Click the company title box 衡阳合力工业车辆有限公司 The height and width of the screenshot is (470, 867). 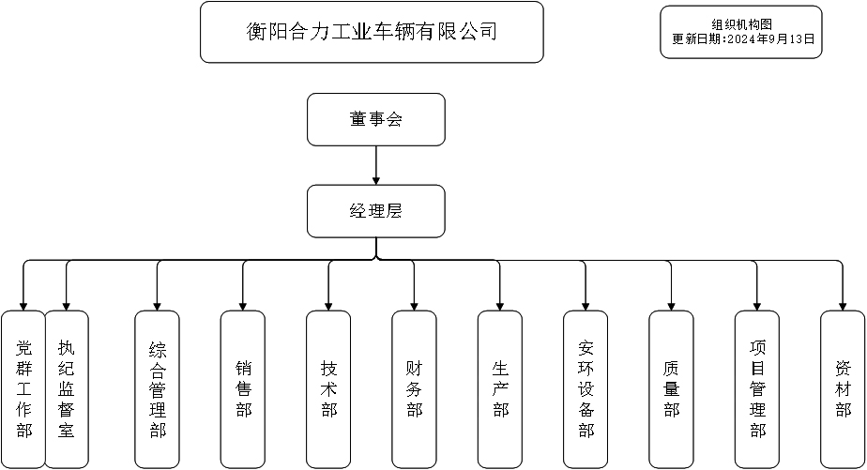[372, 32]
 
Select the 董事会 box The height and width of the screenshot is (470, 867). [376, 119]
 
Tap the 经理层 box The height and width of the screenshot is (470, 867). [376, 210]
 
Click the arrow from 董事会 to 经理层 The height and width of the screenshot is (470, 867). [376, 165]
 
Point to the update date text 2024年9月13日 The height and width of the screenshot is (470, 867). [764, 40]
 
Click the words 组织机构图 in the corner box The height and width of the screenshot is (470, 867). [741, 25]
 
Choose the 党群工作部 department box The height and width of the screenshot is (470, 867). [23, 389]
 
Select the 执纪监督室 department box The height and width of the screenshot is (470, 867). [67, 389]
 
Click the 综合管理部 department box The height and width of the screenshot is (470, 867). [158, 389]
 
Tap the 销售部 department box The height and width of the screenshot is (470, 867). [243, 389]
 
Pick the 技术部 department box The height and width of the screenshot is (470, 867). [328, 389]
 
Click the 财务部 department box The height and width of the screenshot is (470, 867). [414, 389]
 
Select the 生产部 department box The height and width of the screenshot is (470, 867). [500, 389]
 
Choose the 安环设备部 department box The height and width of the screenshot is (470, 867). [586, 389]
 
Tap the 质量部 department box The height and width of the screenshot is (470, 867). [671, 389]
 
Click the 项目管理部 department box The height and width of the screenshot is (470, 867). [757, 389]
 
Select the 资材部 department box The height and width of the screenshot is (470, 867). [843, 389]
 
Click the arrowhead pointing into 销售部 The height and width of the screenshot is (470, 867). [243, 305]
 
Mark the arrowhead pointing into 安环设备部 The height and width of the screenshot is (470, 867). [586, 305]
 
